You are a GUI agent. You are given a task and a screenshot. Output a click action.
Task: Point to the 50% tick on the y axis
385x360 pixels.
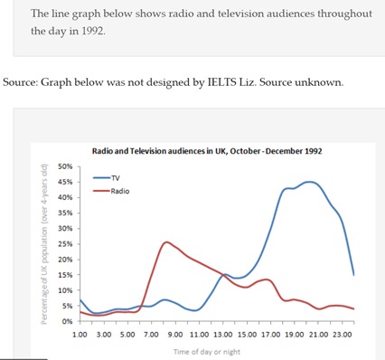pyautogui.click(x=65, y=167)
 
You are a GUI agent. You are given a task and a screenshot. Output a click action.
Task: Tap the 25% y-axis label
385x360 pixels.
pyautogui.click(x=65, y=244)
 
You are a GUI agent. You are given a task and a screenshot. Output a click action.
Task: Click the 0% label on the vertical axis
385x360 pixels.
pyautogui.click(x=67, y=321)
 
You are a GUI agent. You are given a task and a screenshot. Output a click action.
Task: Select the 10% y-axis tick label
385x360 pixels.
pyautogui.click(x=65, y=290)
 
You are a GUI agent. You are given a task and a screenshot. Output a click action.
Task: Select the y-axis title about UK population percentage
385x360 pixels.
pyautogui.click(x=44, y=244)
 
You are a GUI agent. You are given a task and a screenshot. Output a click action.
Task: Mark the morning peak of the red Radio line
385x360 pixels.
pyautogui.click(x=166, y=242)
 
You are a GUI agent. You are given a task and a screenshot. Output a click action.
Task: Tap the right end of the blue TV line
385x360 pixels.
pyautogui.click(x=353, y=274)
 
